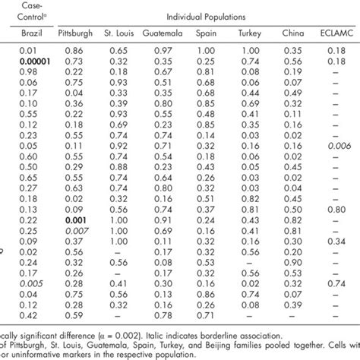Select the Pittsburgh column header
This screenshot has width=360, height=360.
(75, 34)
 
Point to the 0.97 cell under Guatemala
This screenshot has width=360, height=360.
(162, 48)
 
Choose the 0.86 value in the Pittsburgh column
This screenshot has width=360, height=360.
(75, 48)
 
